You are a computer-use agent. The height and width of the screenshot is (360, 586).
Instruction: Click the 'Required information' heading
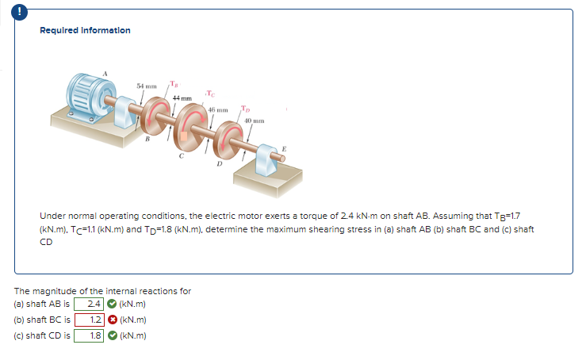pos(85,30)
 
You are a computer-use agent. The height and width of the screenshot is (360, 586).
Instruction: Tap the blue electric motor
pos(89,101)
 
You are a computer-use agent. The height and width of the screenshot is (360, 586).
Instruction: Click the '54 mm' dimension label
pos(147,85)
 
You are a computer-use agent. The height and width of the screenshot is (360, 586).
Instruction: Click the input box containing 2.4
pos(94,304)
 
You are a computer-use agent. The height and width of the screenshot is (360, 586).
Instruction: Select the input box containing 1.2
pos(94,320)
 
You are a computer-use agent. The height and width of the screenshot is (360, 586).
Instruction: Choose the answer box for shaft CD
pos(94,335)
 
